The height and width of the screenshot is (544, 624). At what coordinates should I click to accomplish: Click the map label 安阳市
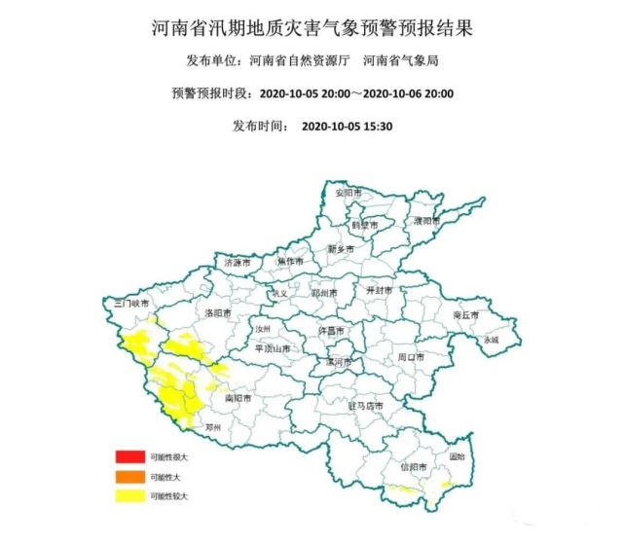click(348, 195)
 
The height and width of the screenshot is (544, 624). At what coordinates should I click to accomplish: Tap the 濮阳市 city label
click(426, 221)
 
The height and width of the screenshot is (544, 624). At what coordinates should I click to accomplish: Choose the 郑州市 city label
click(323, 292)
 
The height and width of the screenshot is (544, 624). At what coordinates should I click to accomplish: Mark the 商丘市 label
click(467, 315)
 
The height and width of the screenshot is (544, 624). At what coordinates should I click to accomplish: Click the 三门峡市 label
click(132, 304)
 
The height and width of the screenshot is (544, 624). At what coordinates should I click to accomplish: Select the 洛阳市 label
click(219, 313)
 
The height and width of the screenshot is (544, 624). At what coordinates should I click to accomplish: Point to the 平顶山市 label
click(272, 348)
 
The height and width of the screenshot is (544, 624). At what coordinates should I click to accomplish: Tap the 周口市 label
click(412, 357)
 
